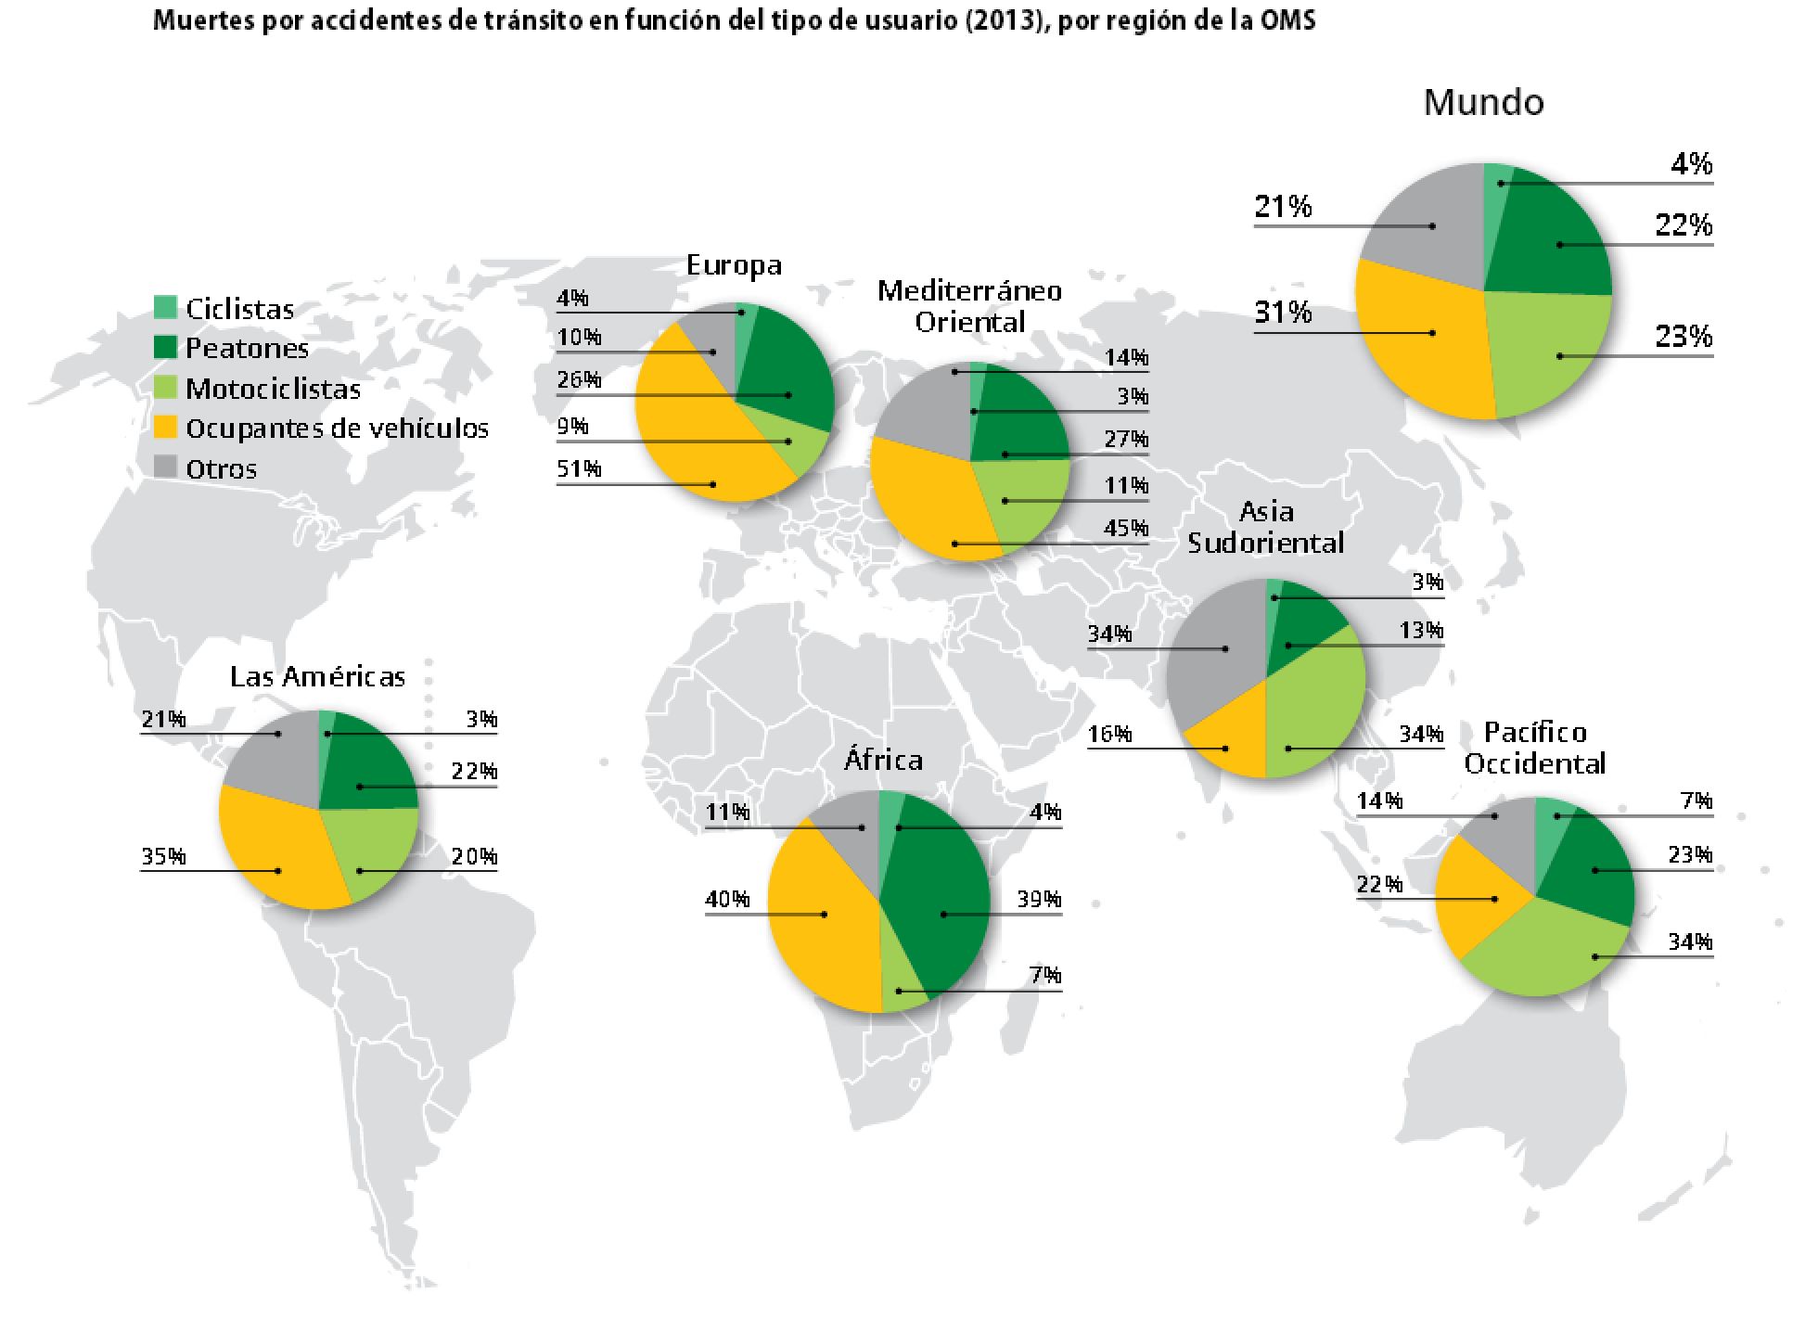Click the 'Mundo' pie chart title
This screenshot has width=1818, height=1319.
(x=1483, y=103)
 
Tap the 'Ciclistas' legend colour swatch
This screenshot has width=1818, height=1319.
(x=165, y=307)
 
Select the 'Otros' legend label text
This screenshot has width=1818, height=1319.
(x=221, y=469)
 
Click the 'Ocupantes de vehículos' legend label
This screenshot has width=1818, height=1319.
(x=337, y=429)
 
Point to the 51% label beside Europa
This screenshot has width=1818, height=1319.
(x=579, y=469)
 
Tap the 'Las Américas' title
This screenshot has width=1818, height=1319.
(x=317, y=677)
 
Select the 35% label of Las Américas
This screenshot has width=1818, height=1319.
(x=163, y=857)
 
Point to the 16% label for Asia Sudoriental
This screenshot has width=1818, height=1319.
(x=1109, y=735)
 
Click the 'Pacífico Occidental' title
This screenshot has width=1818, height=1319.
(x=1534, y=749)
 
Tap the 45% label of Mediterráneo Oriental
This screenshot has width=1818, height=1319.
(x=1126, y=529)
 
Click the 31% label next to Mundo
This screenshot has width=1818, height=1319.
(x=1283, y=314)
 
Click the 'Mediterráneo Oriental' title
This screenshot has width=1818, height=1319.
(x=969, y=307)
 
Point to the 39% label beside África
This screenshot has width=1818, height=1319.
(x=1038, y=900)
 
